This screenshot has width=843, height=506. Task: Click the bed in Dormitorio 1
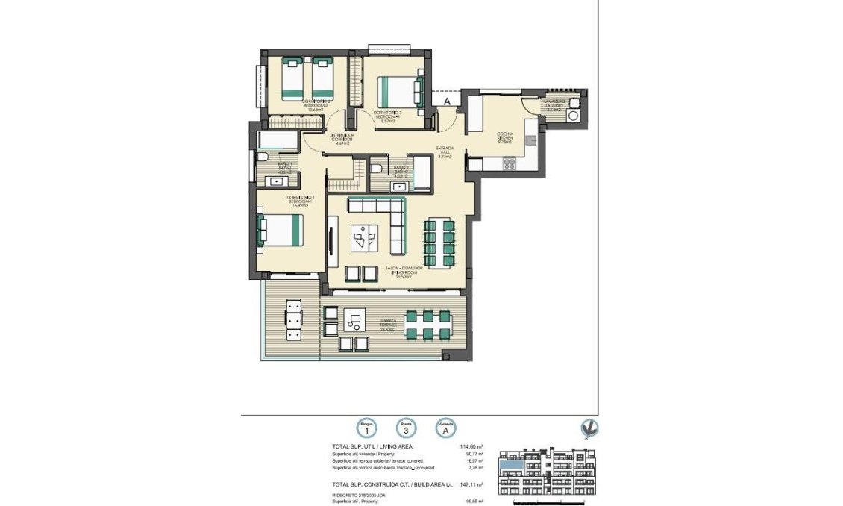pyautogui.click(x=282, y=230)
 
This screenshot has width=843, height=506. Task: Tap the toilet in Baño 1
pyautogui.click(x=263, y=157)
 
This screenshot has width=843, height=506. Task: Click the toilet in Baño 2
pyautogui.click(x=377, y=169)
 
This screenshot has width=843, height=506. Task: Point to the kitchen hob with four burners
pyautogui.click(x=511, y=164)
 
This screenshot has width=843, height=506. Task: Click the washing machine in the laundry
pyautogui.click(x=574, y=116)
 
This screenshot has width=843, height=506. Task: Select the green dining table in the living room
pyautogui.click(x=438, y=237)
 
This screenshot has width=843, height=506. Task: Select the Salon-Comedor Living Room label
pyautogui.click(x=405, y=272)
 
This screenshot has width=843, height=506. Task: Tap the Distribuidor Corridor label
pyautogui.click(x=342, y=138)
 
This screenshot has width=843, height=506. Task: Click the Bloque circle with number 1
pyautogui.click(x=366, y=428)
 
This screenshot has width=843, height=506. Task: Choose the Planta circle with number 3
pyautogui.click(x=406, y=428)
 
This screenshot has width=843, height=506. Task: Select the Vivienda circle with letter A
pyautogui.click(x=445, y=428)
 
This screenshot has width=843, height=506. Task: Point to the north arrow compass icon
pyautogui.click(x=590, y=428)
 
